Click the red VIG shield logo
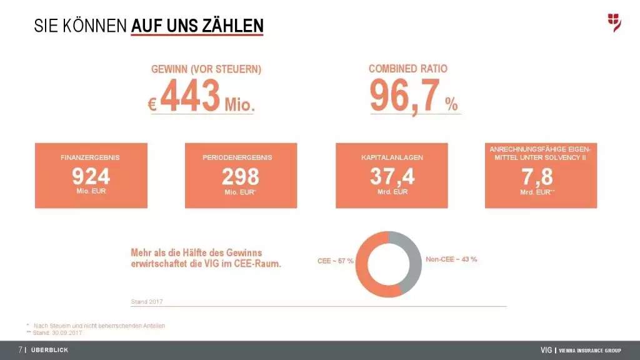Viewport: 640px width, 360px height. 614,22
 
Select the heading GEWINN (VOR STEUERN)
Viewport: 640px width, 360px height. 206,69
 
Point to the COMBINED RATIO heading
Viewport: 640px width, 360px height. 408,69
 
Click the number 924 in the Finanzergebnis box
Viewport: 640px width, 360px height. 91,176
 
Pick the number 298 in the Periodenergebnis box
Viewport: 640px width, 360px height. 241,176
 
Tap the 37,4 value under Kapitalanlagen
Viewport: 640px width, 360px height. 392,176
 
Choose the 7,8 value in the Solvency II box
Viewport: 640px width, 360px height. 537,177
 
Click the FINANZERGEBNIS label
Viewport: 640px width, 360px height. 90,157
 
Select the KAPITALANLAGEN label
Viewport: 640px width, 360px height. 392,157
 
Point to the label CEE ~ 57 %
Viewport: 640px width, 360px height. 336,261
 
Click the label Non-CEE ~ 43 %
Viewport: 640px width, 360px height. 451,259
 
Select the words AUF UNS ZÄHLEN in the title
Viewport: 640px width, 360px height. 197,26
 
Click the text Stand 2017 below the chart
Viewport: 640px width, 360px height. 146,302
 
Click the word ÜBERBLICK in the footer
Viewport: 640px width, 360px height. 49,350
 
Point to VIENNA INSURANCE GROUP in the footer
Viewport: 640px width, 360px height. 589,350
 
